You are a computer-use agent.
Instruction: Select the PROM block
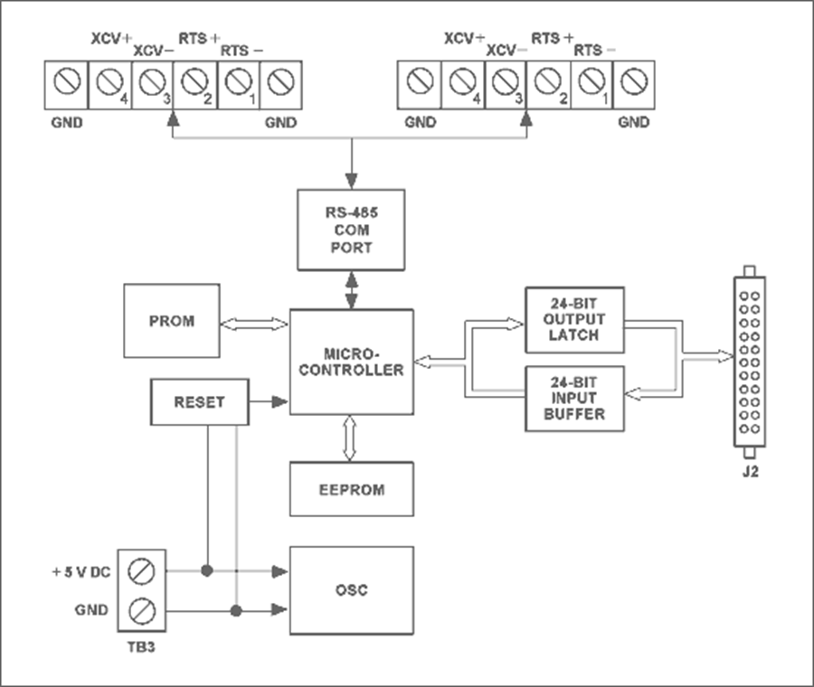[172, 320]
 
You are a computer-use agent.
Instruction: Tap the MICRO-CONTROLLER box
[351, 362]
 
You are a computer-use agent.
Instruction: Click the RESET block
[198, 401]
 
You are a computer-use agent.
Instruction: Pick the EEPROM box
[351, 489]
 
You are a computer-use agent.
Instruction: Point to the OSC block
[351, 589]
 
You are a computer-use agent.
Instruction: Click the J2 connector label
[748, 472]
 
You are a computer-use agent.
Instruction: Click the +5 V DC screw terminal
[142, 571]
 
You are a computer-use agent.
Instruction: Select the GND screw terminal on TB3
[142, 611]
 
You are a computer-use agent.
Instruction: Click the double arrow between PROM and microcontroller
[254, 323]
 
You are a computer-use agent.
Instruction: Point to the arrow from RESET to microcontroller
[269, 401]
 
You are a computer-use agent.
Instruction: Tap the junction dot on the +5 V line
[207, 571]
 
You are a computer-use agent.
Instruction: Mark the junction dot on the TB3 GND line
[236, 611]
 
